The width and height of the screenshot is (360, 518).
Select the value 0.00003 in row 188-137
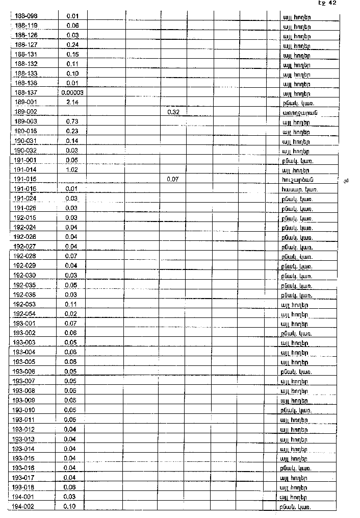point(72,93)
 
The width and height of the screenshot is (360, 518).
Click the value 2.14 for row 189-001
point(71,103)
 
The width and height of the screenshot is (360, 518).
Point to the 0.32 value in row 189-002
point(173,112)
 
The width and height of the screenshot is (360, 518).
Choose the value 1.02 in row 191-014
point(72,169)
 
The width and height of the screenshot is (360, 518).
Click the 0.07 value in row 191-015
point(173,179)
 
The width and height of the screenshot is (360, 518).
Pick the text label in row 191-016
point(296,189)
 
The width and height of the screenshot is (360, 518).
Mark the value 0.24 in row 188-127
point(72,44)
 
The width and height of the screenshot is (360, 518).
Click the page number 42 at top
point(332,3)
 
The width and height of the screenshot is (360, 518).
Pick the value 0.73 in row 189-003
point(71,122)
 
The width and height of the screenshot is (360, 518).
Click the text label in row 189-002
point(296,112)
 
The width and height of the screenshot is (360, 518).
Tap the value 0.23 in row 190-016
point(71,131)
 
